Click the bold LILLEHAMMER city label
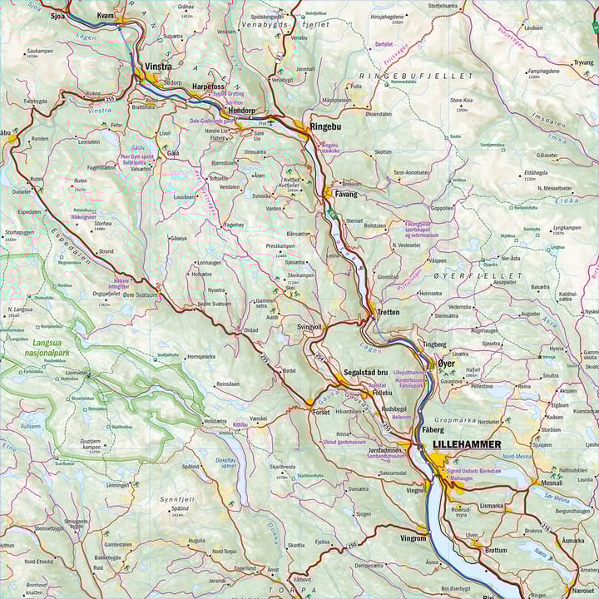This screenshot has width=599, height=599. click(x=467, y=444)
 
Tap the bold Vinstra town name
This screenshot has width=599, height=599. click(x=158, y=66)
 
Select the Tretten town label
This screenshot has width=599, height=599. click(x=388, y=312)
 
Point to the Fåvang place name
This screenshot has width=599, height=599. click(x=345, y=194)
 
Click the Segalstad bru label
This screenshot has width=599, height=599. click(x=366, y=372)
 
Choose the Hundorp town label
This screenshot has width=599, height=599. click(x=241, y=111)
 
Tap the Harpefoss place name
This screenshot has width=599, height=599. click(x=208, y=87)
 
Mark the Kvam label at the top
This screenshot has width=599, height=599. click(x=106, y=16)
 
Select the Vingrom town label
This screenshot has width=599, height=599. click(x=413, y=538)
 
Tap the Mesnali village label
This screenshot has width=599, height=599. click(x=552, y=483)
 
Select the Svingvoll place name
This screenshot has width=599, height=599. click(x=309, y=327)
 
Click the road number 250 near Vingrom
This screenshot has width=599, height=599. click(x=351, y=544)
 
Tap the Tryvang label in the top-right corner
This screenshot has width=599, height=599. click(x=584, y=62)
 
